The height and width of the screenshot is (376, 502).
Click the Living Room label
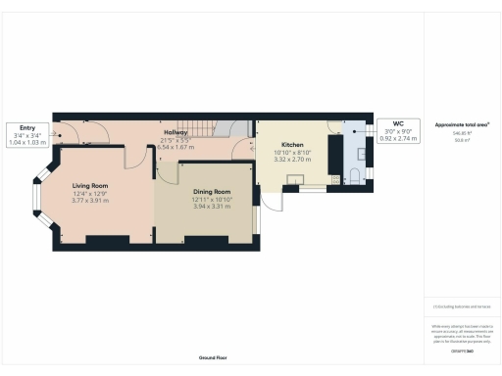pyautogui.click(x=89, y=185)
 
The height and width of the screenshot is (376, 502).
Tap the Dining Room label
pyautogui.click(x=211, y=192)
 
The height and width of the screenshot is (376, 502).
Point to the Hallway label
pyautogui.click(x=176, y=132)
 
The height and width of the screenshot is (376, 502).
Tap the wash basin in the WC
pyautogui.click(x=362, y=155)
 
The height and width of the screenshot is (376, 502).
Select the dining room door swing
pyautogui.click(x=167, y=173)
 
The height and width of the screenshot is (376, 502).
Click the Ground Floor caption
pyautogui.click(x=212, y=358)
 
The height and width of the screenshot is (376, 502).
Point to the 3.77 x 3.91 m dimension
pyautogui.click(x=89, y=201)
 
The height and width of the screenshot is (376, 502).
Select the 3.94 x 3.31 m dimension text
pyautogui.click(x=211, y=207)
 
